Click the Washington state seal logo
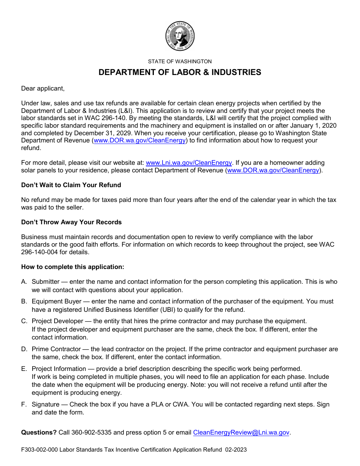point(180,36)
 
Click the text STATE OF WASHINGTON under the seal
point(180,61)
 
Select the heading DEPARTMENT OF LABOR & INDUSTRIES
point(180,72)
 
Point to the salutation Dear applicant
point(43,88)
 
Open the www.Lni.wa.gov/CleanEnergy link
point(189,163)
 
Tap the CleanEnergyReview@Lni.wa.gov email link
point(241,432)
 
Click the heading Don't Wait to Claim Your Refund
point(71,185)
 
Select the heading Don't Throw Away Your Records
point(71,222)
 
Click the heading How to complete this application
point(72,267)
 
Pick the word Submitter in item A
point(45,282)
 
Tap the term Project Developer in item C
point(57,321)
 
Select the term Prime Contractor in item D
point(56,349)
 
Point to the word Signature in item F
point(45,405)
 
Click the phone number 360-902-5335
point(91,432)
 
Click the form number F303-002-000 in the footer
point(39,450)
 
